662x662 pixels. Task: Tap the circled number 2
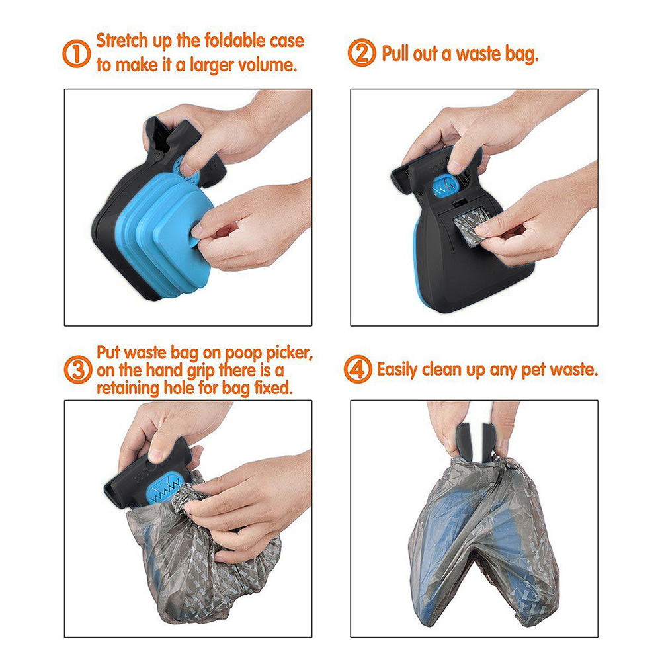(362, 54)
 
